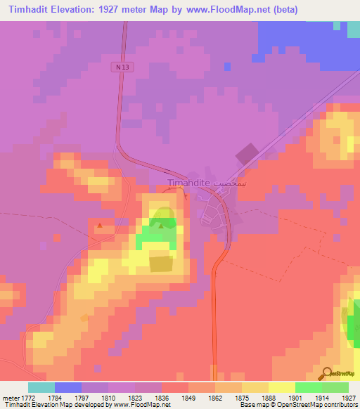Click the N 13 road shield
(x=121, y=66)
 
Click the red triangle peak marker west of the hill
(x=100, y=226)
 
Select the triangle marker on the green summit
(x=162, y=226)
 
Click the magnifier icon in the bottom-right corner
(x=326, y=373)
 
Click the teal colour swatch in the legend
(x=41, y=387)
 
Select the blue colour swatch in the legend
(x=68, y=387)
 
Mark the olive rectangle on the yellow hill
(x=161, y=264)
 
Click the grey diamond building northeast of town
(x=246, y=155)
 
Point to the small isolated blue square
(x=227, y=66)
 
